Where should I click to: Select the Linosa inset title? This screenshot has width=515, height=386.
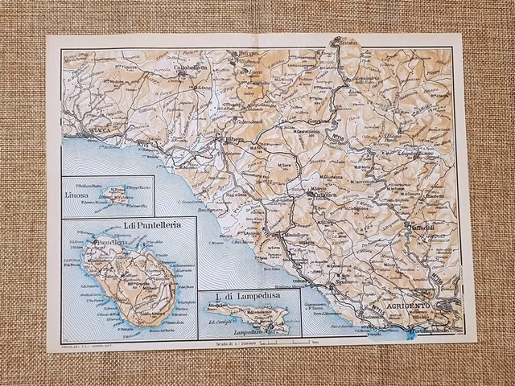(81, 195)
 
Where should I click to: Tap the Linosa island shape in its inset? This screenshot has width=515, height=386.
(113, 196)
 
